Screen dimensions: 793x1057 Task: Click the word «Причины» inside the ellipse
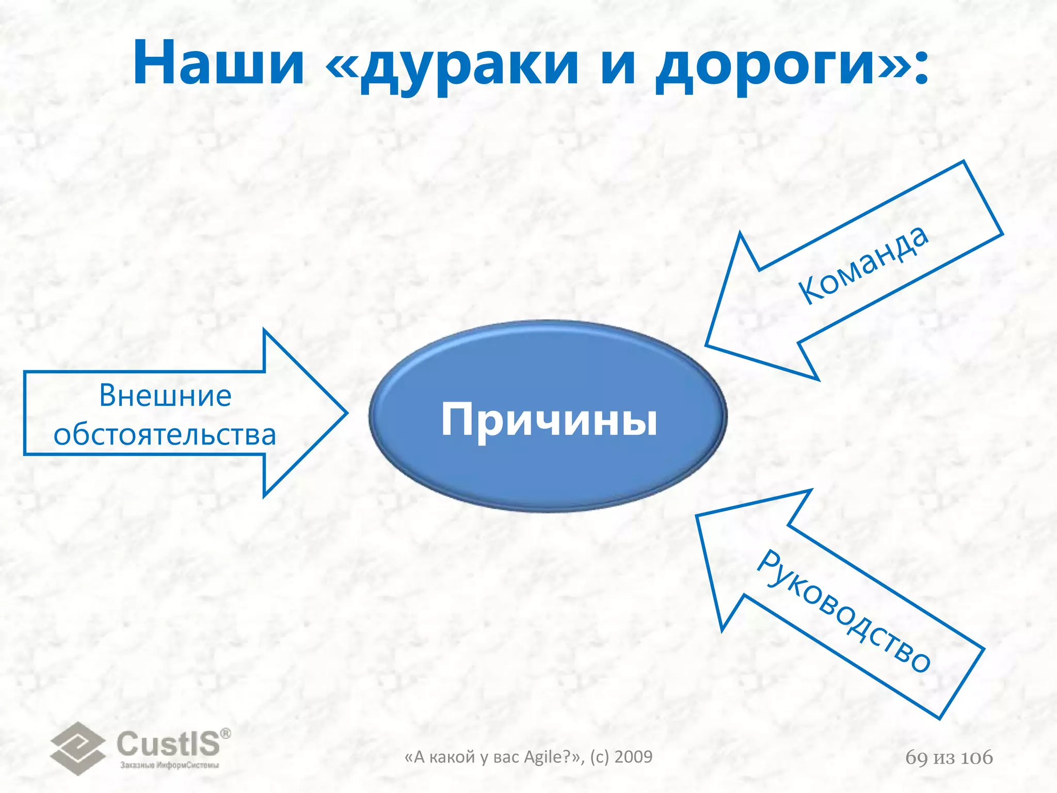(549, 419)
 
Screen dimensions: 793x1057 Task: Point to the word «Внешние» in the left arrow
(165, 395)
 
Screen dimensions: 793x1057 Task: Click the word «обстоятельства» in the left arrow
(165, 435)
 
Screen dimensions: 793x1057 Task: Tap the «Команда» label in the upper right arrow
(863, 264)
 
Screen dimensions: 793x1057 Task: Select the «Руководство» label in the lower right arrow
(844, 612)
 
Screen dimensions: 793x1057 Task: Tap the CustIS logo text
(168, 743)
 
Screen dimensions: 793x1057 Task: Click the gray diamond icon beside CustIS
(77, 748)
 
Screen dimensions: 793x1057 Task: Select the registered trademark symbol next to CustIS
(226, 734)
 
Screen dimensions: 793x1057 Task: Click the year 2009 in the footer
(634, 757)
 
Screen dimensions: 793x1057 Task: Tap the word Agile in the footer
(546, 757)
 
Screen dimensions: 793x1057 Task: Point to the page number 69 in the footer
(917, 757)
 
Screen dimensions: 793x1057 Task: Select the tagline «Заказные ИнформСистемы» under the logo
(170, 765)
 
